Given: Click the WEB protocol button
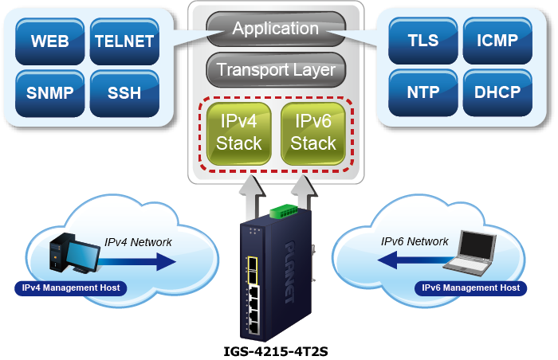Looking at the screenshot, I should (49, 41).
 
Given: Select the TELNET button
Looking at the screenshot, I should (124, 41).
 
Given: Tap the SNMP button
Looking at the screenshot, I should (49, 92).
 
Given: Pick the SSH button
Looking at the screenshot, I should (124, 92).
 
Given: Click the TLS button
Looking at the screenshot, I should (422, 40).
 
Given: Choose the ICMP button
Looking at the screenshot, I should (497, 40).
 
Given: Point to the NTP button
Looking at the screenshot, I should (422, 92).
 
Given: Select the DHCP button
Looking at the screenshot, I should (497, 92).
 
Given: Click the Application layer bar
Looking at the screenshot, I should (275, 29).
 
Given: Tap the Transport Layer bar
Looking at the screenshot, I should (275, 70).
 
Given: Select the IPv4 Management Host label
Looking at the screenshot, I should (70, 288).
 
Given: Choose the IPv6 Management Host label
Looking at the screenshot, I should (471, 288).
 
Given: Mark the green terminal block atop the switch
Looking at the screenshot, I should (285, 211).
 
